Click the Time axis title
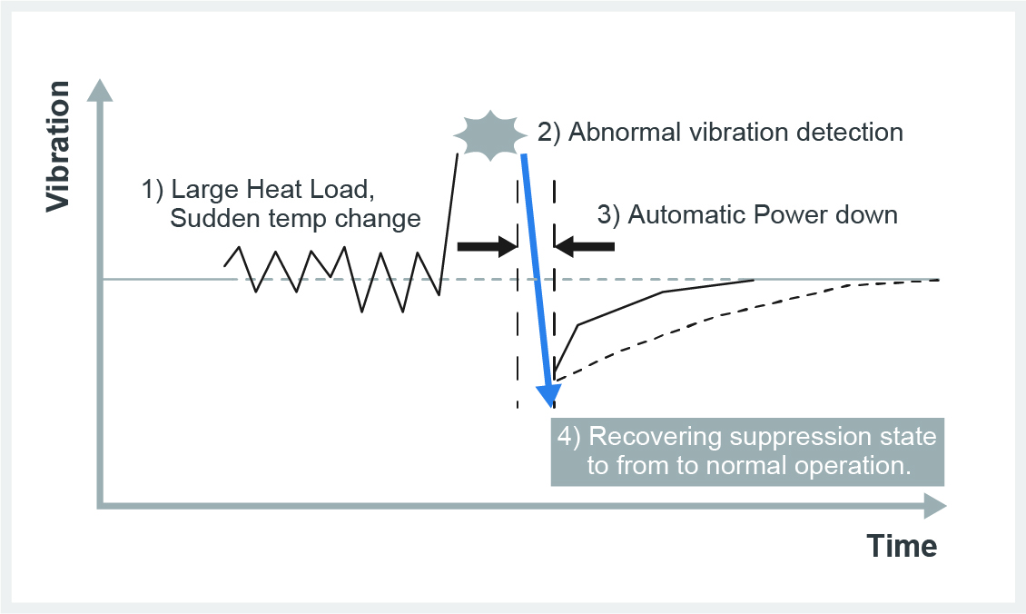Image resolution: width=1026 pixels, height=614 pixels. tap(901, 546)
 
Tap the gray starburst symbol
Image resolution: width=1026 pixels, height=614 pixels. tap(490, 134)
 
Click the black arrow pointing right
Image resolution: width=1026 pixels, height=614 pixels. tap(487, 245)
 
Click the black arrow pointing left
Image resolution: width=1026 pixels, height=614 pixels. tap(585, 245)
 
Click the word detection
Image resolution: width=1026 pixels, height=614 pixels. tap(846, 133)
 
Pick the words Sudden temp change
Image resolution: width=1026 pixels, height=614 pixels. tap(295, 219)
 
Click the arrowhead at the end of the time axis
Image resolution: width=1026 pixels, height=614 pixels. tap(935, 505)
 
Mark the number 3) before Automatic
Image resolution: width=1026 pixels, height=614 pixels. tap(608, 215)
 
